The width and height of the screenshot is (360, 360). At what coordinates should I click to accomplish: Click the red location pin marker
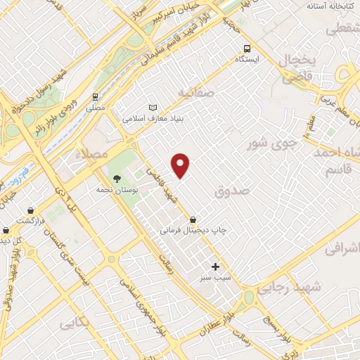pyautogui.click(x=181, y=165)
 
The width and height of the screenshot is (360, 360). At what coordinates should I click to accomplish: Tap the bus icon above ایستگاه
pyautogui.click(x=247, y=49)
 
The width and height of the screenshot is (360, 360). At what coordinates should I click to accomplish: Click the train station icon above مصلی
pyautogui.click(x=94, y=97)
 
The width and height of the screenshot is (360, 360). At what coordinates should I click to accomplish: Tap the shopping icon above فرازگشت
pyautogui.click(x=30, y=210)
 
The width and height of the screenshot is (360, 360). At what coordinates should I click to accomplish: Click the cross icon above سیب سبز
pyautogui.click(x=215, y=266)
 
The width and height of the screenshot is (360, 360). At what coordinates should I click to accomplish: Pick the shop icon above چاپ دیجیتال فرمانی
pyautogui.click(x=193, y=219)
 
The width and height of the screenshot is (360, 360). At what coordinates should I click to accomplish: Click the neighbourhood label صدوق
pyautogui.click(x=233, y=190)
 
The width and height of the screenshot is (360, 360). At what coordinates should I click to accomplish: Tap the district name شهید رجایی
pyautogui.click(x=288, y=287)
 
